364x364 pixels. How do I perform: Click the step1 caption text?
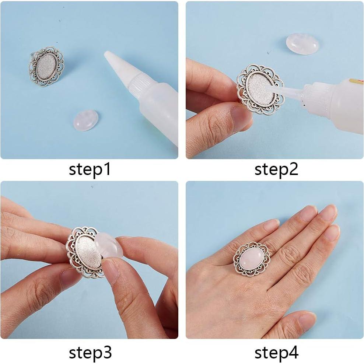[90, 170]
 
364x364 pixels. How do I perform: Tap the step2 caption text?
[276, 170]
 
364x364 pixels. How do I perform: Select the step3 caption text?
[90, 353]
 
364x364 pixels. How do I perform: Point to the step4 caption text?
[276, 353]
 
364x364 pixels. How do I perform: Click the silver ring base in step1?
[46, 66]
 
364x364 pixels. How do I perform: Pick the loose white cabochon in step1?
[85, 121]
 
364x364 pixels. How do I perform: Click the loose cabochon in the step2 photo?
[302, 44]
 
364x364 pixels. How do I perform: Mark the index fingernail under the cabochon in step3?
[110, 271]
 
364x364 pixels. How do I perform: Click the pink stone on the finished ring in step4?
[252, 258]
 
